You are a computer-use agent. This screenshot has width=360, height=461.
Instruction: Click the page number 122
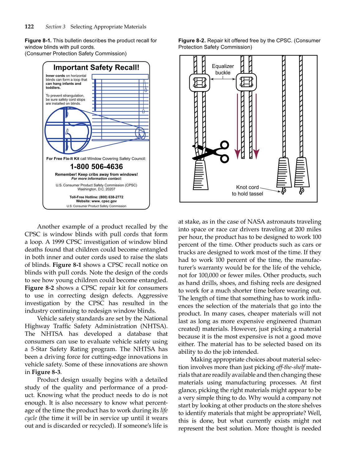29,26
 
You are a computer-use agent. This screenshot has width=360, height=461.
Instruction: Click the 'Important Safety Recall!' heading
96,67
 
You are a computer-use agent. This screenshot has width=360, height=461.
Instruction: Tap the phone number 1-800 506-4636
96,167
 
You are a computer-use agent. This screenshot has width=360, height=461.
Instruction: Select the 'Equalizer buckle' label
223,69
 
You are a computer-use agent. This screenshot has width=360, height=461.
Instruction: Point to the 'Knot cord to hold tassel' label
247,190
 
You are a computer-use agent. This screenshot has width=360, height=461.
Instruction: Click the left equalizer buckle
200,82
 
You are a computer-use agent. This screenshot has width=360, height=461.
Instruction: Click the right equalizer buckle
246,82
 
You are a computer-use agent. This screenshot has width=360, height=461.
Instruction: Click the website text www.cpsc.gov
104,201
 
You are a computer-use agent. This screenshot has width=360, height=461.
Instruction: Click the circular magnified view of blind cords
68,130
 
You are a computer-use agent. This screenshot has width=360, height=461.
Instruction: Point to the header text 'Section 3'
55,27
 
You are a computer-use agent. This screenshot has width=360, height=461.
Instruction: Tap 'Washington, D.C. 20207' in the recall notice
96,189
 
